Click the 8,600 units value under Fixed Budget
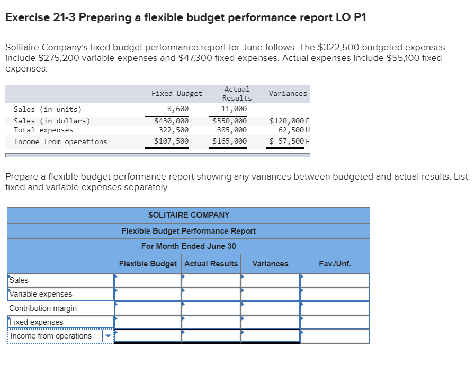click(x=177, y=109)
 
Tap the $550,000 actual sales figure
click(x=229, y=121)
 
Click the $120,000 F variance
click(x=289, y=121)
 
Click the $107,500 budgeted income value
click(x=171, y=141)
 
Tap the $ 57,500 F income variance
click(x=289, y=141)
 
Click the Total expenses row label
click(x=43, y=130)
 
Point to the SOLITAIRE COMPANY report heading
click(x=189, y=215)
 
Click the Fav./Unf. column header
click(x=335, y=264)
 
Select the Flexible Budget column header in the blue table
click(x=148, y=264)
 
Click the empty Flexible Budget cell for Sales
click(x=148, y=280)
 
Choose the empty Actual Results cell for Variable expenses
click(x=211, y=294)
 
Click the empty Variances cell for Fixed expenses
click(x=270, y=322)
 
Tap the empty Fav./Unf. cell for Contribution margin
click(x=335, y=308)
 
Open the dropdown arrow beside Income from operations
click(x=108, y=336)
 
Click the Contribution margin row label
click(x=43, y=308)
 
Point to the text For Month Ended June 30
click(x=189, y=246)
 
